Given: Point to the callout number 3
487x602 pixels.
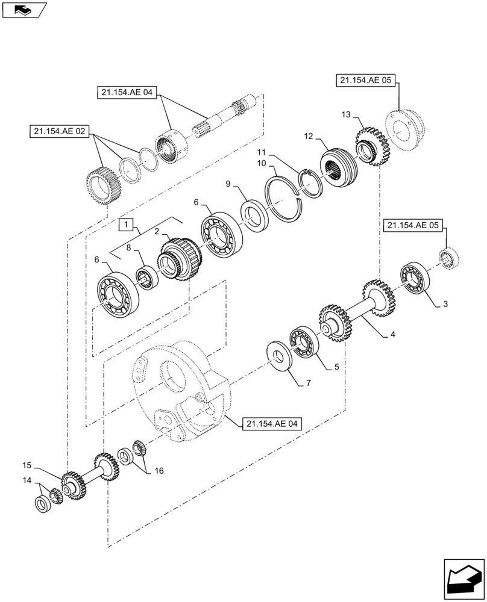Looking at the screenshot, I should [x=445, y=305].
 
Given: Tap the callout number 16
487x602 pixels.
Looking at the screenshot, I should [x=159, y=471].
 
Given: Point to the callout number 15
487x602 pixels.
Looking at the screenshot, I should [x=27, y=465].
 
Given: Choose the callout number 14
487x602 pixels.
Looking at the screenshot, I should [x=27, y=480].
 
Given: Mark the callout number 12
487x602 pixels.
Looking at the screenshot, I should [x=309, y=137].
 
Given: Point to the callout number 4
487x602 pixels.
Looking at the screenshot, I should [x=393, y=335].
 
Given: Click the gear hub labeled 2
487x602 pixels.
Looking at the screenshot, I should [x=179, y=261].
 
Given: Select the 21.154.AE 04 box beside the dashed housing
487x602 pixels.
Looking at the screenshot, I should [x=272, y=424].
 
